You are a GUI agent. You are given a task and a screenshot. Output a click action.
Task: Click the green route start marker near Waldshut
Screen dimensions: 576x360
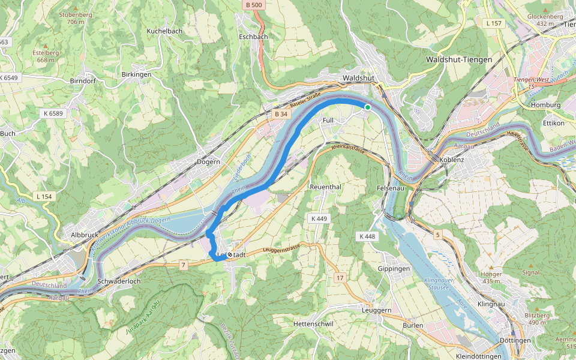click(x=367, y=107)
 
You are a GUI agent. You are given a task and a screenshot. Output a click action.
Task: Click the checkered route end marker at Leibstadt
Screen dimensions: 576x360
click(x=229, y=255)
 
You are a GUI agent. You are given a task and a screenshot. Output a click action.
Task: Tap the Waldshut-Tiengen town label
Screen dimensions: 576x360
click(x=458, y=59)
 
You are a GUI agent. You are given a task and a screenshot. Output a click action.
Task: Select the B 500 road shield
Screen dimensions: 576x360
click(x=254, y=5)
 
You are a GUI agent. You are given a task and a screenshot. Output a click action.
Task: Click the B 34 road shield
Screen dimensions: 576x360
click(x=281, y=113)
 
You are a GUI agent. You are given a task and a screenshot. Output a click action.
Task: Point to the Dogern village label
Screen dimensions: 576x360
click(x=208, y=161)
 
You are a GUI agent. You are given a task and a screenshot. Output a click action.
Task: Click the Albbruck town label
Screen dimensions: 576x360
click(x=84, y=235)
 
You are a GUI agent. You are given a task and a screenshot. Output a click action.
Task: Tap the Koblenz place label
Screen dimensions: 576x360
click(x=452, y=160)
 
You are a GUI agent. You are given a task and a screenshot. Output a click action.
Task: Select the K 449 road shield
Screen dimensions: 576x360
click(x=319, y=218)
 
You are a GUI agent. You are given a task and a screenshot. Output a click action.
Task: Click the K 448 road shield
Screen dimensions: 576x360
click(x=367, y=236)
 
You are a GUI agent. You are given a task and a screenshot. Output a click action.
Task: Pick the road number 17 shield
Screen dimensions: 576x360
click(x=340, y=277)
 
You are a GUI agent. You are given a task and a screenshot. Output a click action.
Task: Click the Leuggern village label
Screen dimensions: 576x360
click(x=377, y=310)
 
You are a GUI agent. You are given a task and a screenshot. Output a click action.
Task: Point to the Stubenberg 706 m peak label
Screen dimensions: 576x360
click(x=76, y=17)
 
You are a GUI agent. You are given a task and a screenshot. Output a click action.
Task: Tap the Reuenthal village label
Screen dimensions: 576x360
click(x=325, y=187)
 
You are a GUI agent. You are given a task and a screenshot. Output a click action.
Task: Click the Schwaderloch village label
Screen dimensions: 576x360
click(x=119, y=281)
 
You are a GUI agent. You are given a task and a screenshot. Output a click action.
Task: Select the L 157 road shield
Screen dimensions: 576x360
click(x=494, y=23)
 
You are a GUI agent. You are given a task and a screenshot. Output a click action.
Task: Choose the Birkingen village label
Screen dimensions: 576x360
click(x=136, y=74)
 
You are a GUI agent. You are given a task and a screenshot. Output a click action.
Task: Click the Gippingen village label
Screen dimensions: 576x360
click(x=394, y=269)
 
